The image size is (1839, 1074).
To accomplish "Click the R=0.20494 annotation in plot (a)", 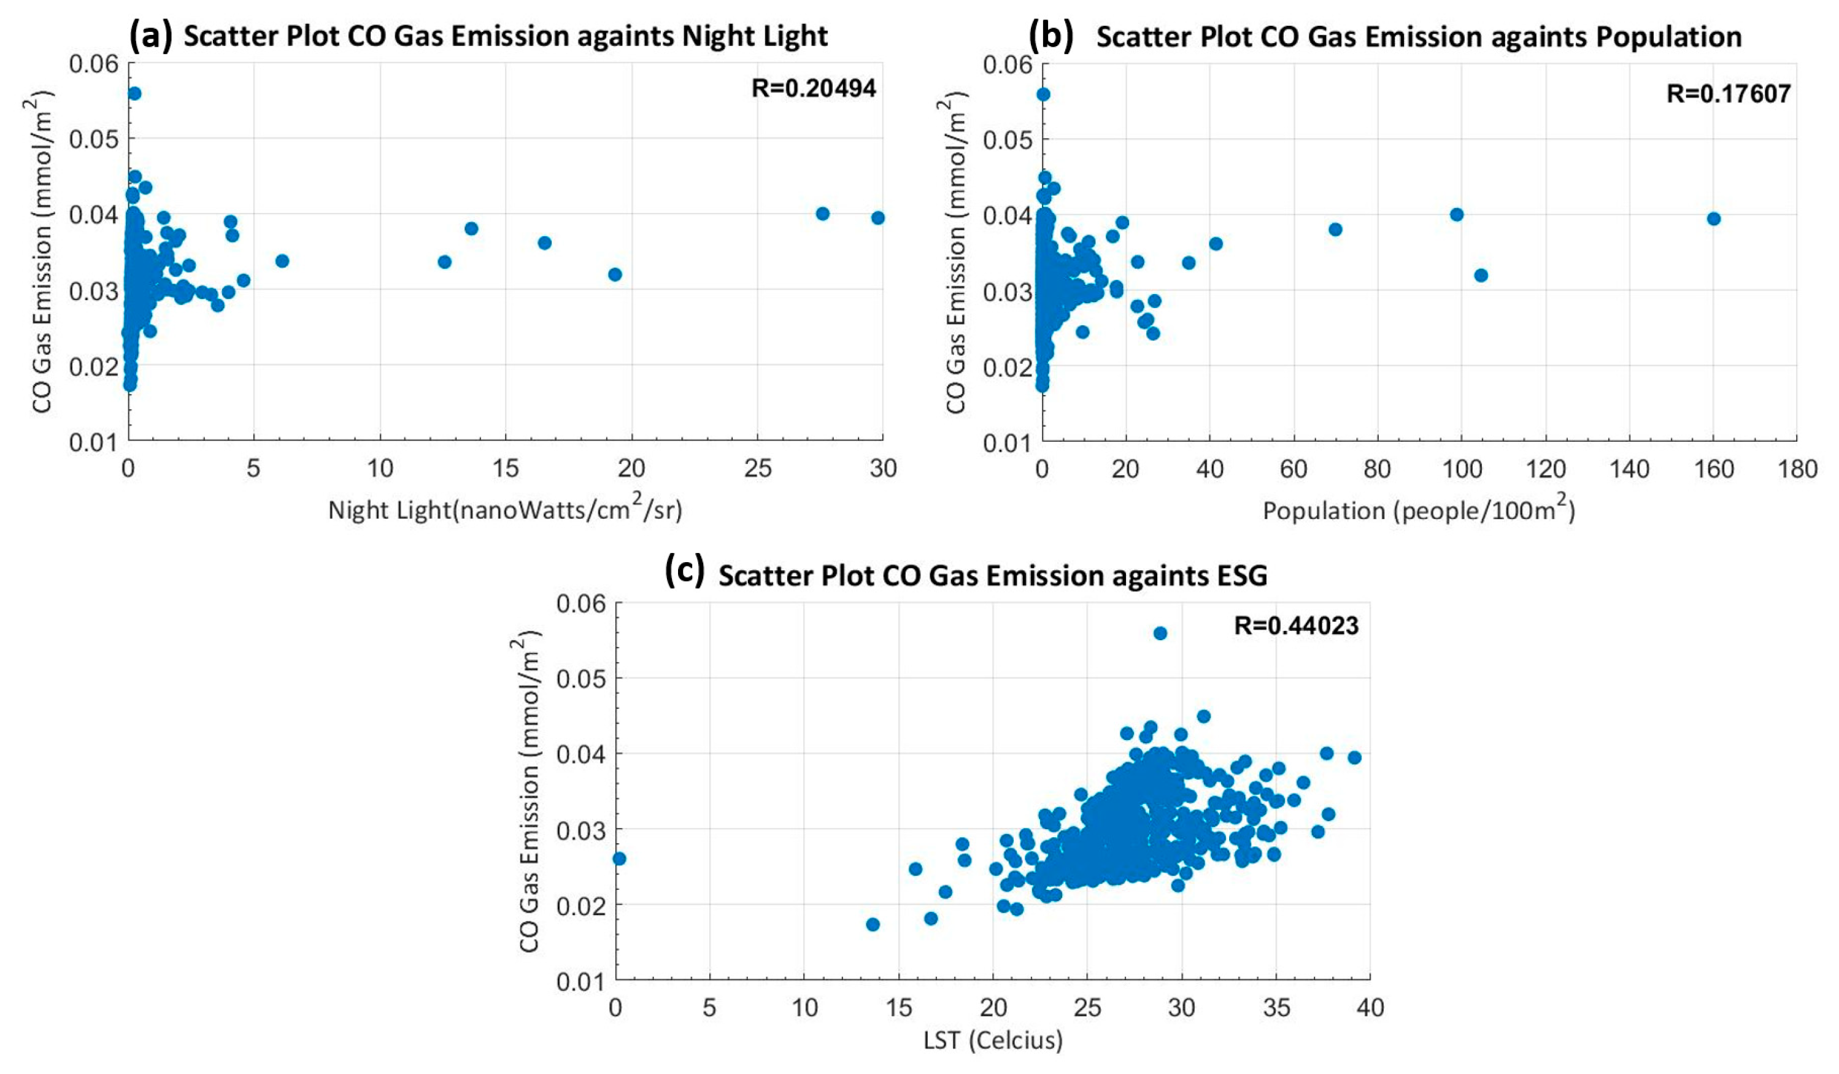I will coord(813,88).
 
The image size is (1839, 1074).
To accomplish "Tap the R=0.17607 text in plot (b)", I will coord(1727,93).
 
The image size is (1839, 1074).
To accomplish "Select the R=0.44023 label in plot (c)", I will coord(1295,626).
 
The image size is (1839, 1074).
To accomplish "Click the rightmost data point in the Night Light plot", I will coord(877,218).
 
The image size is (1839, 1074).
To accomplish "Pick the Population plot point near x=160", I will coord(1713,218).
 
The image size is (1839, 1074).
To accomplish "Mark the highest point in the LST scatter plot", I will coord(1160,633).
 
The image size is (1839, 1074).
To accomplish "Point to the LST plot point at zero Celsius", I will coord(619,858).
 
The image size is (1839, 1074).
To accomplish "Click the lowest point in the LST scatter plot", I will coord(872,924).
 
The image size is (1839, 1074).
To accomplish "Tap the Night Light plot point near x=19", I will coord(614,274).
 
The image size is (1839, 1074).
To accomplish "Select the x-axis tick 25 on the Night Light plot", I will coord(757,468).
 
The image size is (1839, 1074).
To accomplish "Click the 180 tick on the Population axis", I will coord(1797,469).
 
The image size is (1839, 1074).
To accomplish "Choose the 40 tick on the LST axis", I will coord(1370,1008).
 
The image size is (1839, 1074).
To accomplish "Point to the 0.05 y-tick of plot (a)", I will coord(93,139).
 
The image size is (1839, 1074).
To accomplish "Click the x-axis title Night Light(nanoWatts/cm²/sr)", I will coord(505,509).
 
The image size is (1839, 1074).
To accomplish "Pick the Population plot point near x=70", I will coord(1335,230).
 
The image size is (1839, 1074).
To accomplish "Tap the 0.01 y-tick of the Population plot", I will coord(1007,442).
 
